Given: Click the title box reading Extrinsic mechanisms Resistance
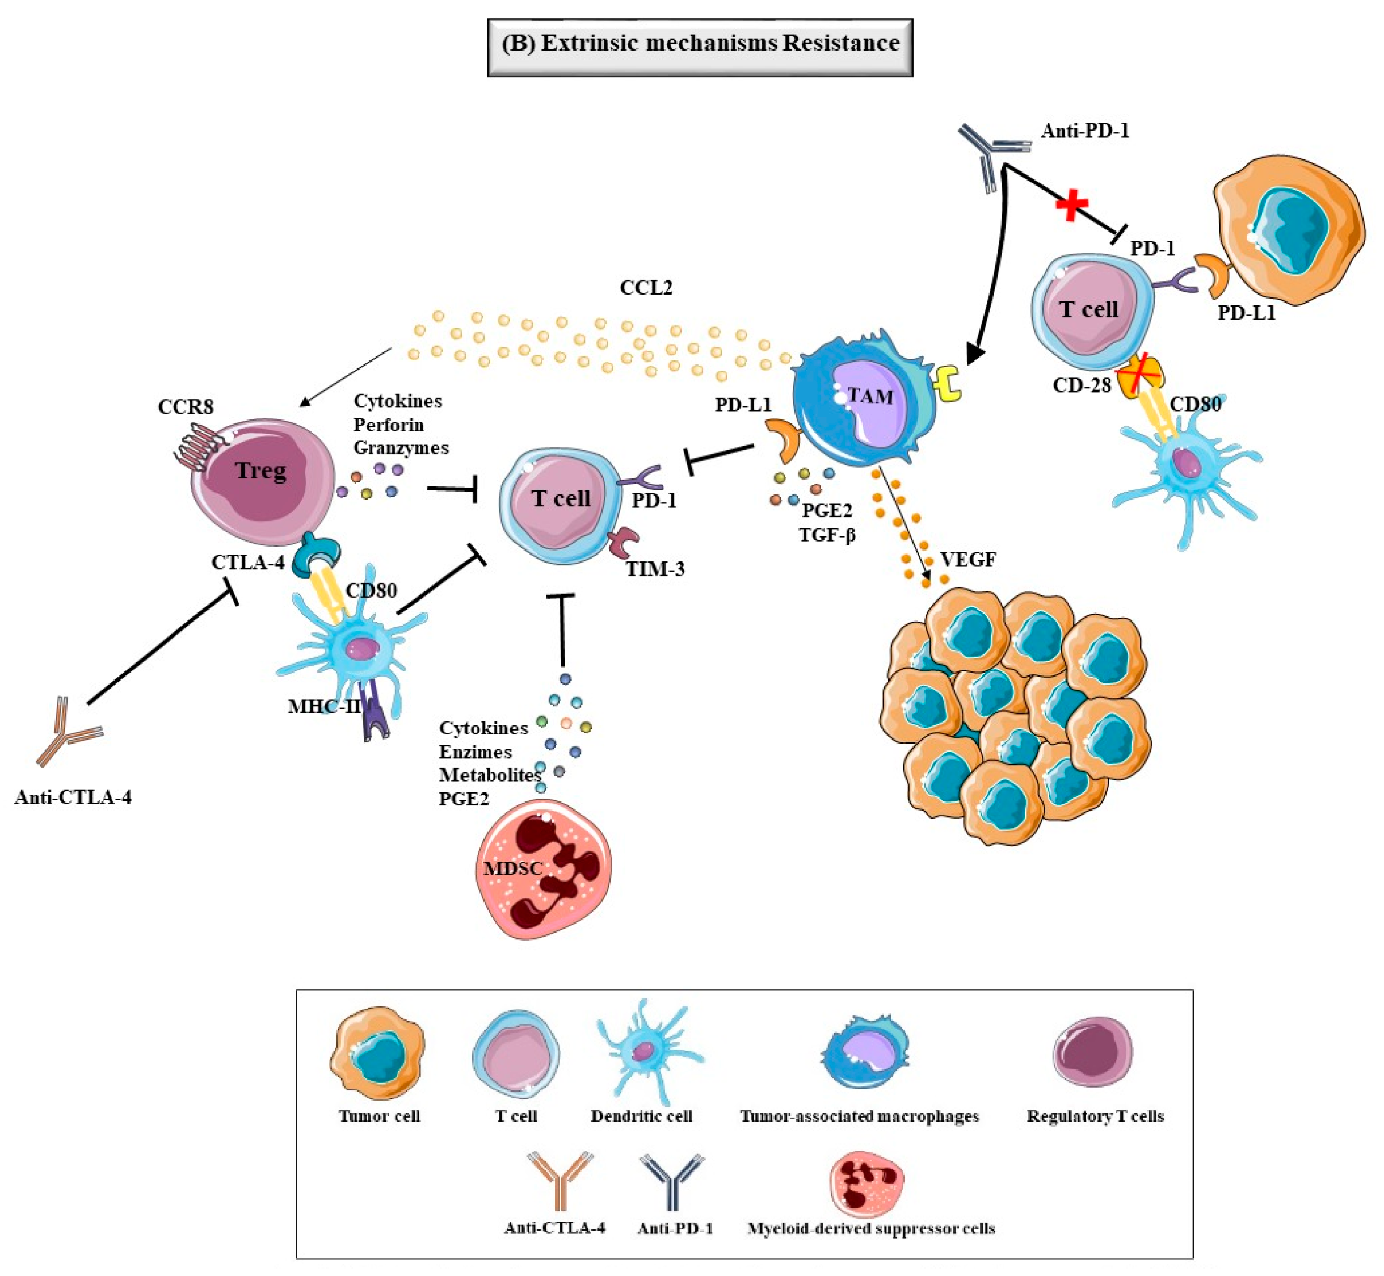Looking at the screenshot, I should [700, 47].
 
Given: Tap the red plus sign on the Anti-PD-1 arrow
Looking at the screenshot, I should [1072, 204].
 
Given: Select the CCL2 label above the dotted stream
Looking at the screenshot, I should [645, 287].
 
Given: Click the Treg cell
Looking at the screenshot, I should [261, 476].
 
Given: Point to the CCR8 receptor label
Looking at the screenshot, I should [185, 406].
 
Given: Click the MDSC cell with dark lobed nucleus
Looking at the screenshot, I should [543, 868].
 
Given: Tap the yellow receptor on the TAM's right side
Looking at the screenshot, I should [948, 385].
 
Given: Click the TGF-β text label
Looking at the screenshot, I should [827, 534].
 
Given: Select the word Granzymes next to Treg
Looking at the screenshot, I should [401, 448].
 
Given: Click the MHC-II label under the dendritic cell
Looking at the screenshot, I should [325, 706].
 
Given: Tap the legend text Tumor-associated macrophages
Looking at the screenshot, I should [859, 1116].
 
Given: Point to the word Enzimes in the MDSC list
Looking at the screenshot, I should [476, 752].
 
